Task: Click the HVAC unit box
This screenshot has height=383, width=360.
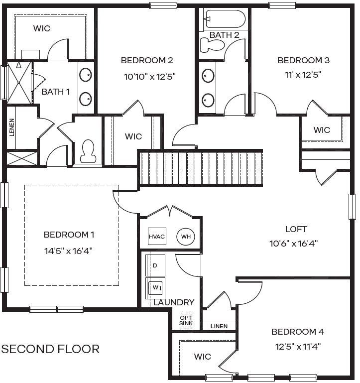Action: tap(157, 237)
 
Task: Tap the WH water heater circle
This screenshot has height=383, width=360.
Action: tap(186, 237)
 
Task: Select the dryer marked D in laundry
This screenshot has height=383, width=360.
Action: tap(155, 265)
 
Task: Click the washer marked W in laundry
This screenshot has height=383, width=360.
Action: tap(155, 287)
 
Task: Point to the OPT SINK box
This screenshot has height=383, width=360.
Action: tap(185, 320)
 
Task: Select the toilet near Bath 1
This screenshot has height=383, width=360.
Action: tap(88, 151)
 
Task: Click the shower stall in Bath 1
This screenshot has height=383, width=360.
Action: tap(19, 82)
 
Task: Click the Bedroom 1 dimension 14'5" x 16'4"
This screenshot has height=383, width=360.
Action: tap(69, 251)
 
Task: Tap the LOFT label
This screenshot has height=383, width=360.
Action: tap(296, 229)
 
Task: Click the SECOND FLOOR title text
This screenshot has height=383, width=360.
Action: tap(50, 349)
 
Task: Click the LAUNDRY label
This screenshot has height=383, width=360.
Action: tap(174, 302)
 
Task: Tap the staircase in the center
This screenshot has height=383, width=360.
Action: tap(200, 168)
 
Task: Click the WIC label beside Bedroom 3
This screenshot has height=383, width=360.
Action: tap(322, 130)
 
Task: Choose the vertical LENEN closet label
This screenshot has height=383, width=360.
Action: tap(11, 127)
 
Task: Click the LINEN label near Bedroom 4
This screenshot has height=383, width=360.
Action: tap(219, 326)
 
